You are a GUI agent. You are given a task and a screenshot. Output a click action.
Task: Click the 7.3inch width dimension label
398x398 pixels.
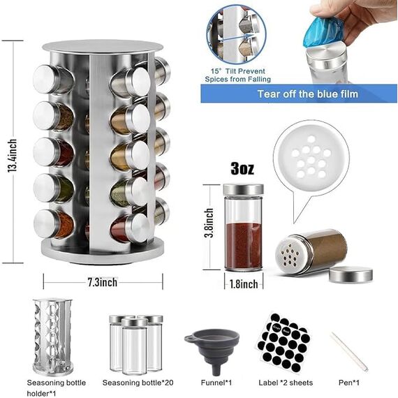tap(102, 281)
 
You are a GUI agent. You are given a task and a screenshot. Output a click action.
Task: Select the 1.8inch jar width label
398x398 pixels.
tap(243, 283)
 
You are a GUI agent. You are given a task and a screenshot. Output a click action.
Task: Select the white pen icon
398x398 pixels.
tap(349, 351)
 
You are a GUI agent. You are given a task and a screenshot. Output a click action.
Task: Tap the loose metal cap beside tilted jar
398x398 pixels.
tap(350, 274)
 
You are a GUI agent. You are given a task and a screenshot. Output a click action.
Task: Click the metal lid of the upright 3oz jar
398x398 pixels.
tap(243, 189)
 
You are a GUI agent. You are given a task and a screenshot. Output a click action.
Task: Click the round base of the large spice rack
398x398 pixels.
tap(102, 249)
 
